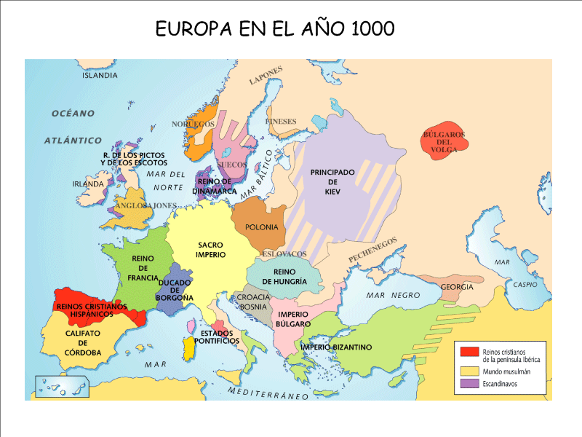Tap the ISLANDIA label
[x=100, y=75]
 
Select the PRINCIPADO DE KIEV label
[x=332, y=181]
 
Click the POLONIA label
[x=261, y=227]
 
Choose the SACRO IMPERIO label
[x=210, y=250]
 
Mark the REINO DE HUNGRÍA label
[x=279, y=277]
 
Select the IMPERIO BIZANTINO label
[x=337, y=347]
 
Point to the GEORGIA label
[x=457, y=287]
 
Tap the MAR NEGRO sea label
[x=393, y=295]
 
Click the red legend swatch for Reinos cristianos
[x=469, y=353]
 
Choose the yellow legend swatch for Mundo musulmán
[x=469, y=370]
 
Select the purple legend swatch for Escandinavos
[x=469, y=383]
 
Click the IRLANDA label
[x=88, y=184]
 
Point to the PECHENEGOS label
[x=372, y=250]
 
